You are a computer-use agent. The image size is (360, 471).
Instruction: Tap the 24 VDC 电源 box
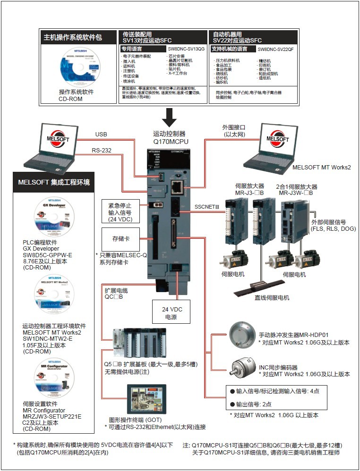pyautogui.click(x=172, y=313)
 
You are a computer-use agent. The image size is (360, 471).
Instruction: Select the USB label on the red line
pyautogui.click(x=101, y=135)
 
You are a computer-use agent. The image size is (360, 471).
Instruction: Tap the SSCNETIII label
pyautogui.click(x=207, y=207)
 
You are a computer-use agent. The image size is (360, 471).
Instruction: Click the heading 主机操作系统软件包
pyautogui.click(x=73, y=37)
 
